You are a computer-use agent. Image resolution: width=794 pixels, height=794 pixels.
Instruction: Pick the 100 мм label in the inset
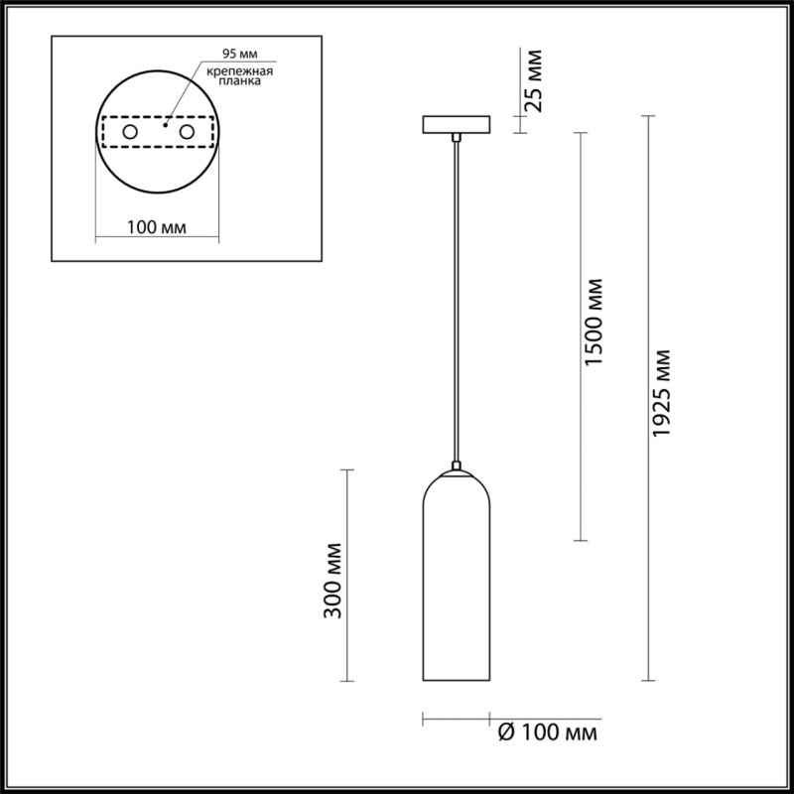[x=158, y=227]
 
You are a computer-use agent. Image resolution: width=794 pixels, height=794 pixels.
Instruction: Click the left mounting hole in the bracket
[x=130, y=131]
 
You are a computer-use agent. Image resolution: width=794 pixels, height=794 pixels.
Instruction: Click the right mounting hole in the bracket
[x=185, y=131]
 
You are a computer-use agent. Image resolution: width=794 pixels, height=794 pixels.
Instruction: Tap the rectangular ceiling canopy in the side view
[x=456, y=125]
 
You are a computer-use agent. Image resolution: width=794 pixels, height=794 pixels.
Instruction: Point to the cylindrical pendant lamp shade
[x=457, y=586]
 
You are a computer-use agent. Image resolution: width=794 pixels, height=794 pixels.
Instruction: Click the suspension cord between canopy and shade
[x=457, y=298]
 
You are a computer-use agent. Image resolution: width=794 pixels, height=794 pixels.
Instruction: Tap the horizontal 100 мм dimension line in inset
[x=158, y=238]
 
